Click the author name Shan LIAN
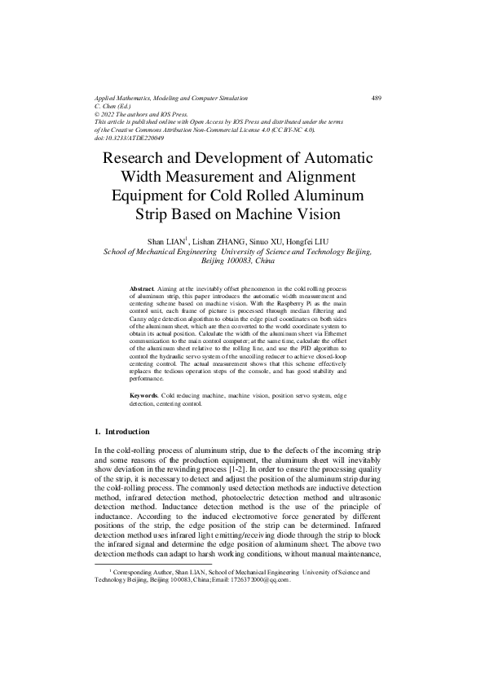165,242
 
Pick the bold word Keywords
145,394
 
